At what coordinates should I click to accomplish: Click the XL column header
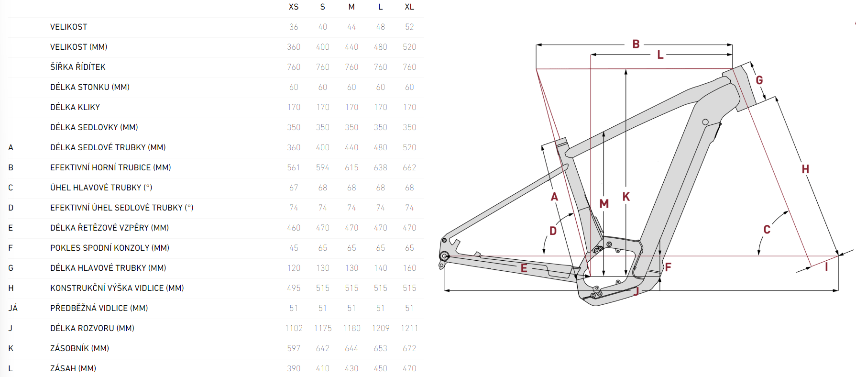tap(409, 7)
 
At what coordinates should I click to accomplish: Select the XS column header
tap(294, 7)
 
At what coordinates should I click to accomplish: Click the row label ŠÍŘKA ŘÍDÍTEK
tap(77, 67)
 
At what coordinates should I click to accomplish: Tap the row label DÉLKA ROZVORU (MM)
tap(92, 328)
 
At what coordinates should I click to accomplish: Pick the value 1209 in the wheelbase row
tap(380, 328)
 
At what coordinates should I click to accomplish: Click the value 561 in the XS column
tap(294, 167)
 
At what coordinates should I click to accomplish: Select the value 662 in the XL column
tap(409, 167)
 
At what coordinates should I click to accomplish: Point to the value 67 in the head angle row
tap(294, 188)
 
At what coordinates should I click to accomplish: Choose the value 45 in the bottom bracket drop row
tap(294, 248)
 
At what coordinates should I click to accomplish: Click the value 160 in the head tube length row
tap(409, 268)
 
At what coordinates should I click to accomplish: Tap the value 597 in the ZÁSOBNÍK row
tap(294, 348)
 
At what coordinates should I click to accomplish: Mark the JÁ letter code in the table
tap(13, 308)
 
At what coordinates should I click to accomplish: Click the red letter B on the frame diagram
tap(636, 44)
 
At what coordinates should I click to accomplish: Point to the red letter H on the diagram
tap(805, 169)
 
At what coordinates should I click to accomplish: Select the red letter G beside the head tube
tap(759, 80)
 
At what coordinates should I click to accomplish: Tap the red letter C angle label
tap(767, 230)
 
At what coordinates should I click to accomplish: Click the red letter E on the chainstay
tap(524, 268)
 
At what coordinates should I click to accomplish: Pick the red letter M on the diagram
tap(604, 204)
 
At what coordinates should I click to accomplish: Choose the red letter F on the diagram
tap(668, 267)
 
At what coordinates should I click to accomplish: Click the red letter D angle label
tap(553, 231)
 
